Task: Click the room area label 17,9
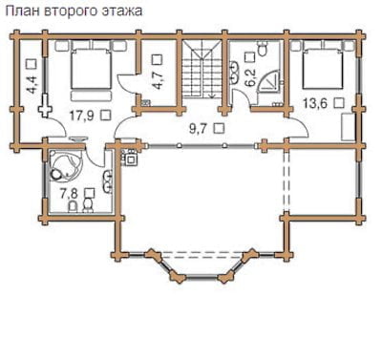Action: coord(82,116)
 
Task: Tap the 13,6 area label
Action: coord(315,103)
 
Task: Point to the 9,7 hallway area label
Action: coord(199,129)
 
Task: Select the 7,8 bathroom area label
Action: coord(70,193)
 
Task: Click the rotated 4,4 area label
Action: coord(32,85)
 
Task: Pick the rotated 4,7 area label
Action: coord(157,81)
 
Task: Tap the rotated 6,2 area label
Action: coord(250,78)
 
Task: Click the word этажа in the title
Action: coord(122,11)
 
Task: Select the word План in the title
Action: coord(23,11)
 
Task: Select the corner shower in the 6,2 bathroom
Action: coord(269,82)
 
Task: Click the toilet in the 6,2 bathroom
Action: coord(263,49)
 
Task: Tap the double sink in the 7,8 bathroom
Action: coord(107,181)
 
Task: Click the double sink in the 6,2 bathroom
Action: coord(234,72)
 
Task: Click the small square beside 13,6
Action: coord(339,103)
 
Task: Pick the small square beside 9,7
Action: coord(219,128)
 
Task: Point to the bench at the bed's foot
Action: coord(91,95)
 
